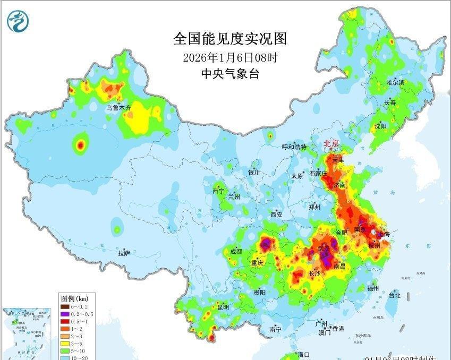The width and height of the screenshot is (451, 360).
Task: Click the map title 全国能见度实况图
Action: click(x=229, y=39)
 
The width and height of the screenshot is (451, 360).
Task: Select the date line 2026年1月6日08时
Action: click(x=229, y=57)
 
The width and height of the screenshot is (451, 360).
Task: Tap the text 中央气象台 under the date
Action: click(x=229, y=74)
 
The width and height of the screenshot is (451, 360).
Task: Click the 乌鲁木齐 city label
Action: click(x=118, y=108)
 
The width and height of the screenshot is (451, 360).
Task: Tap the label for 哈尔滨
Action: click(x=395, y=83)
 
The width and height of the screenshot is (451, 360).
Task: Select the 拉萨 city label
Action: click(x=124, y=253)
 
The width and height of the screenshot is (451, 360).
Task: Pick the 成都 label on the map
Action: click(x=236, y=251)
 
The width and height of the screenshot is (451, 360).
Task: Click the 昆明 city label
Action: click(x=223, y=307)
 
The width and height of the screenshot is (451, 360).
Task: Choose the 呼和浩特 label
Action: click(x=294, y=147)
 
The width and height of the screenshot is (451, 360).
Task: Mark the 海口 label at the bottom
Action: click(x=303, y=354)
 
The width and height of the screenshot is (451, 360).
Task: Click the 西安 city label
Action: click(x=277, y=215)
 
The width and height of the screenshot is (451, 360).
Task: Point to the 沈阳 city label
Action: click(x=380, y=126)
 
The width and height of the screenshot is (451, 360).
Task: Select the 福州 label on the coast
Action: click(x=373, y=288)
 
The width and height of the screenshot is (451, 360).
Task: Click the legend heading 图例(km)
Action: click(x=74, y=298)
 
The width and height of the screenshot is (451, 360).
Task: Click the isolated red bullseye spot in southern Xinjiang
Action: click(x=81, y=144)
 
